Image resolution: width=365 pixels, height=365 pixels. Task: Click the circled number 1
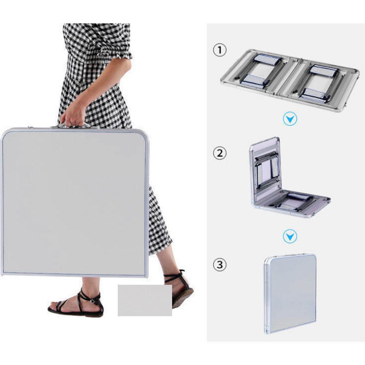220,50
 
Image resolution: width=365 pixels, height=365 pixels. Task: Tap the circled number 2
220,153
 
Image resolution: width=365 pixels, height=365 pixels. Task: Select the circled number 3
220,265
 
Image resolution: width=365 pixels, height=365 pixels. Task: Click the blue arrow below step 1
290,119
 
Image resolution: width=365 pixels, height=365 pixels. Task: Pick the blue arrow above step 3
290,237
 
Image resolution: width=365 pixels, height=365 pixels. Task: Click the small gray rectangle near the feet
145,300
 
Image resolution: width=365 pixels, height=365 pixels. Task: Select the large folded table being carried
74,202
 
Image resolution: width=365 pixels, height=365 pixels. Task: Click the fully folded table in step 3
290,294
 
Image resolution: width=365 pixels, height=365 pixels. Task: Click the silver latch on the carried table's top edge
30,127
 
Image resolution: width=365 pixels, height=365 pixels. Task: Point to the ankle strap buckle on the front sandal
93,302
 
